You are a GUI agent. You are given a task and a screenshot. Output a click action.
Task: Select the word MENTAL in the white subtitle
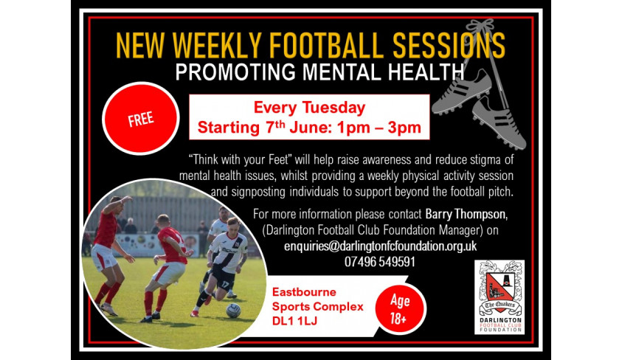(x=342, y=72)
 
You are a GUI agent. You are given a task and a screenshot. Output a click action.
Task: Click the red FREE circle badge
(x=141, y=118)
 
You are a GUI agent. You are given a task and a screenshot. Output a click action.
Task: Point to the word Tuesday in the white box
(x=334, y=108)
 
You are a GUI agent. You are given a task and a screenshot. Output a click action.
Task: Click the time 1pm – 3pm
(x=379, y=128)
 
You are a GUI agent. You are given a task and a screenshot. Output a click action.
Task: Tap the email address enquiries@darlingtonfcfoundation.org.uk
(x=381, y=246)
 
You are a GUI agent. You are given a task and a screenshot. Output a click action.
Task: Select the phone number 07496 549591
(x=380, y=262)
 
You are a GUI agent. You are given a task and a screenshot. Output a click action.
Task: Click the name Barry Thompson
(x=466, y=214)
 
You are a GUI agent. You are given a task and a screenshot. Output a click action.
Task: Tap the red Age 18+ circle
(x=400, y=309)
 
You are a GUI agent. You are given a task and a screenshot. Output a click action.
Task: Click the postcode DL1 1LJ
(x=294, y=321)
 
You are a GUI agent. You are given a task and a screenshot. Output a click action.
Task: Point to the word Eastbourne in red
(x=304, y=292)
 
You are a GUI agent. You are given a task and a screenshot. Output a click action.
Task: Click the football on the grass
(x=233, y=310)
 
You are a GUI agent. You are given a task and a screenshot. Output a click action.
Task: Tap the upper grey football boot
(x=461, y=92)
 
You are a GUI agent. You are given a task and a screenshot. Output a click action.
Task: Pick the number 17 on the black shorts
(x=226, y=285)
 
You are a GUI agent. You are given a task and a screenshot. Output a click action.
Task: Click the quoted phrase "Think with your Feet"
(x=241, y=159)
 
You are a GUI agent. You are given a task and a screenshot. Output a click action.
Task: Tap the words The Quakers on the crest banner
(x=500, y=305)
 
